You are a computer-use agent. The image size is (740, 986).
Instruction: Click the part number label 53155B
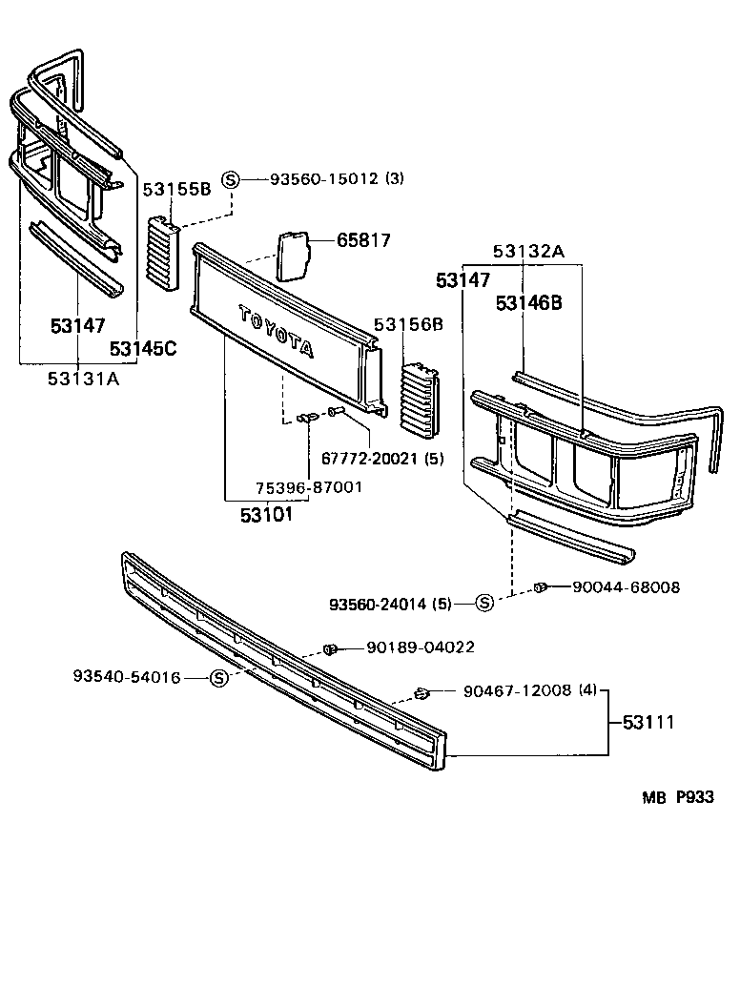(176, 189)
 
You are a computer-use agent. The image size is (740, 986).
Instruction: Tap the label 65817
(363, 240)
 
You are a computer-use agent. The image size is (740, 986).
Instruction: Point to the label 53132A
(528, 251)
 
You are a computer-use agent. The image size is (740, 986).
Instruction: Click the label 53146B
(528, 303)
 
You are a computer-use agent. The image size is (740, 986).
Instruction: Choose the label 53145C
(143, 348)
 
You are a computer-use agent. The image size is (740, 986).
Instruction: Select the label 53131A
(84, 379)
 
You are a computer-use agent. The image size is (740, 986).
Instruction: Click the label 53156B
(408, 324)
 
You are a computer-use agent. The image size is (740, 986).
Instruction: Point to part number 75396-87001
(309, 487)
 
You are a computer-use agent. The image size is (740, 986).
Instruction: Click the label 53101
(266, 515)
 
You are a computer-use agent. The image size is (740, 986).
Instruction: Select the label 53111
(648, 722)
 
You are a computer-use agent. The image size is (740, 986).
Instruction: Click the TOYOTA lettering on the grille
(276, 331)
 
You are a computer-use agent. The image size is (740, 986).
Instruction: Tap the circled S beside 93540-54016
(219, 678)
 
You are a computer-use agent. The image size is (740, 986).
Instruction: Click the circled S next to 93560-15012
(230, 178)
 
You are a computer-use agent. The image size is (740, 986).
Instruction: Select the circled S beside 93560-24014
(484, 603)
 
